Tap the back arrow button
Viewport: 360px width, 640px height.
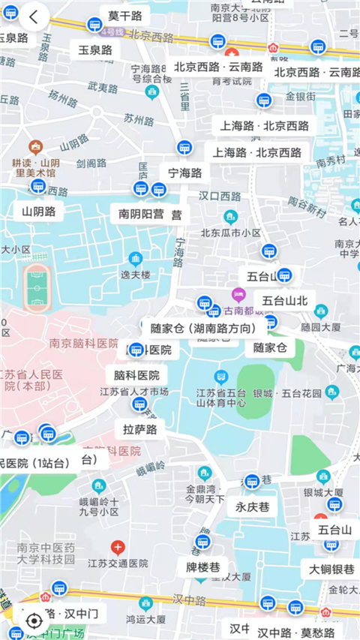coord(34,17)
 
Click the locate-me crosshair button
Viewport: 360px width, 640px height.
coord(34,620)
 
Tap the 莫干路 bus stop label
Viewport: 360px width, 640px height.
coord(124,16)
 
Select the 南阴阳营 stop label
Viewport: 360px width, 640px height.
coord(150,214)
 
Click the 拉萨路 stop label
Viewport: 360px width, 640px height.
coord(140,430)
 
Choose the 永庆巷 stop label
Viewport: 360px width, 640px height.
coord(252,506)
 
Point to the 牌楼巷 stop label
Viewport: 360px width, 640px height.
coord(202,566)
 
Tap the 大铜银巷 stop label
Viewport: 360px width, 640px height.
coord(331,569)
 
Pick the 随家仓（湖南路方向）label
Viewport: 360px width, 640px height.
coord(203,328)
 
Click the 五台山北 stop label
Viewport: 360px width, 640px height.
coord(285,301)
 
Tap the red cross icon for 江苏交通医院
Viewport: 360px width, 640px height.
coord(117,547)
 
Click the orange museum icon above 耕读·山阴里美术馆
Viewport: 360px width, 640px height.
coord(35,147)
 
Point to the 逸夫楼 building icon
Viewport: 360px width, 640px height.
coord(136,260)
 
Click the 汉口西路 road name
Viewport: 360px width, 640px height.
coord(220,197)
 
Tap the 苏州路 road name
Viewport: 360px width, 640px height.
coord(139,118)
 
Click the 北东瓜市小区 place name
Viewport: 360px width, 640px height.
coord(230,233)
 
